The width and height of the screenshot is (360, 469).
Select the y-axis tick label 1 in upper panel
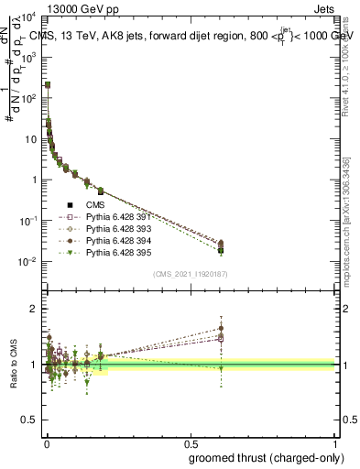click(x=38, y=180)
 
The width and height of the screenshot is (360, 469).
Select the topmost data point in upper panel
click(x=48, y=84)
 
